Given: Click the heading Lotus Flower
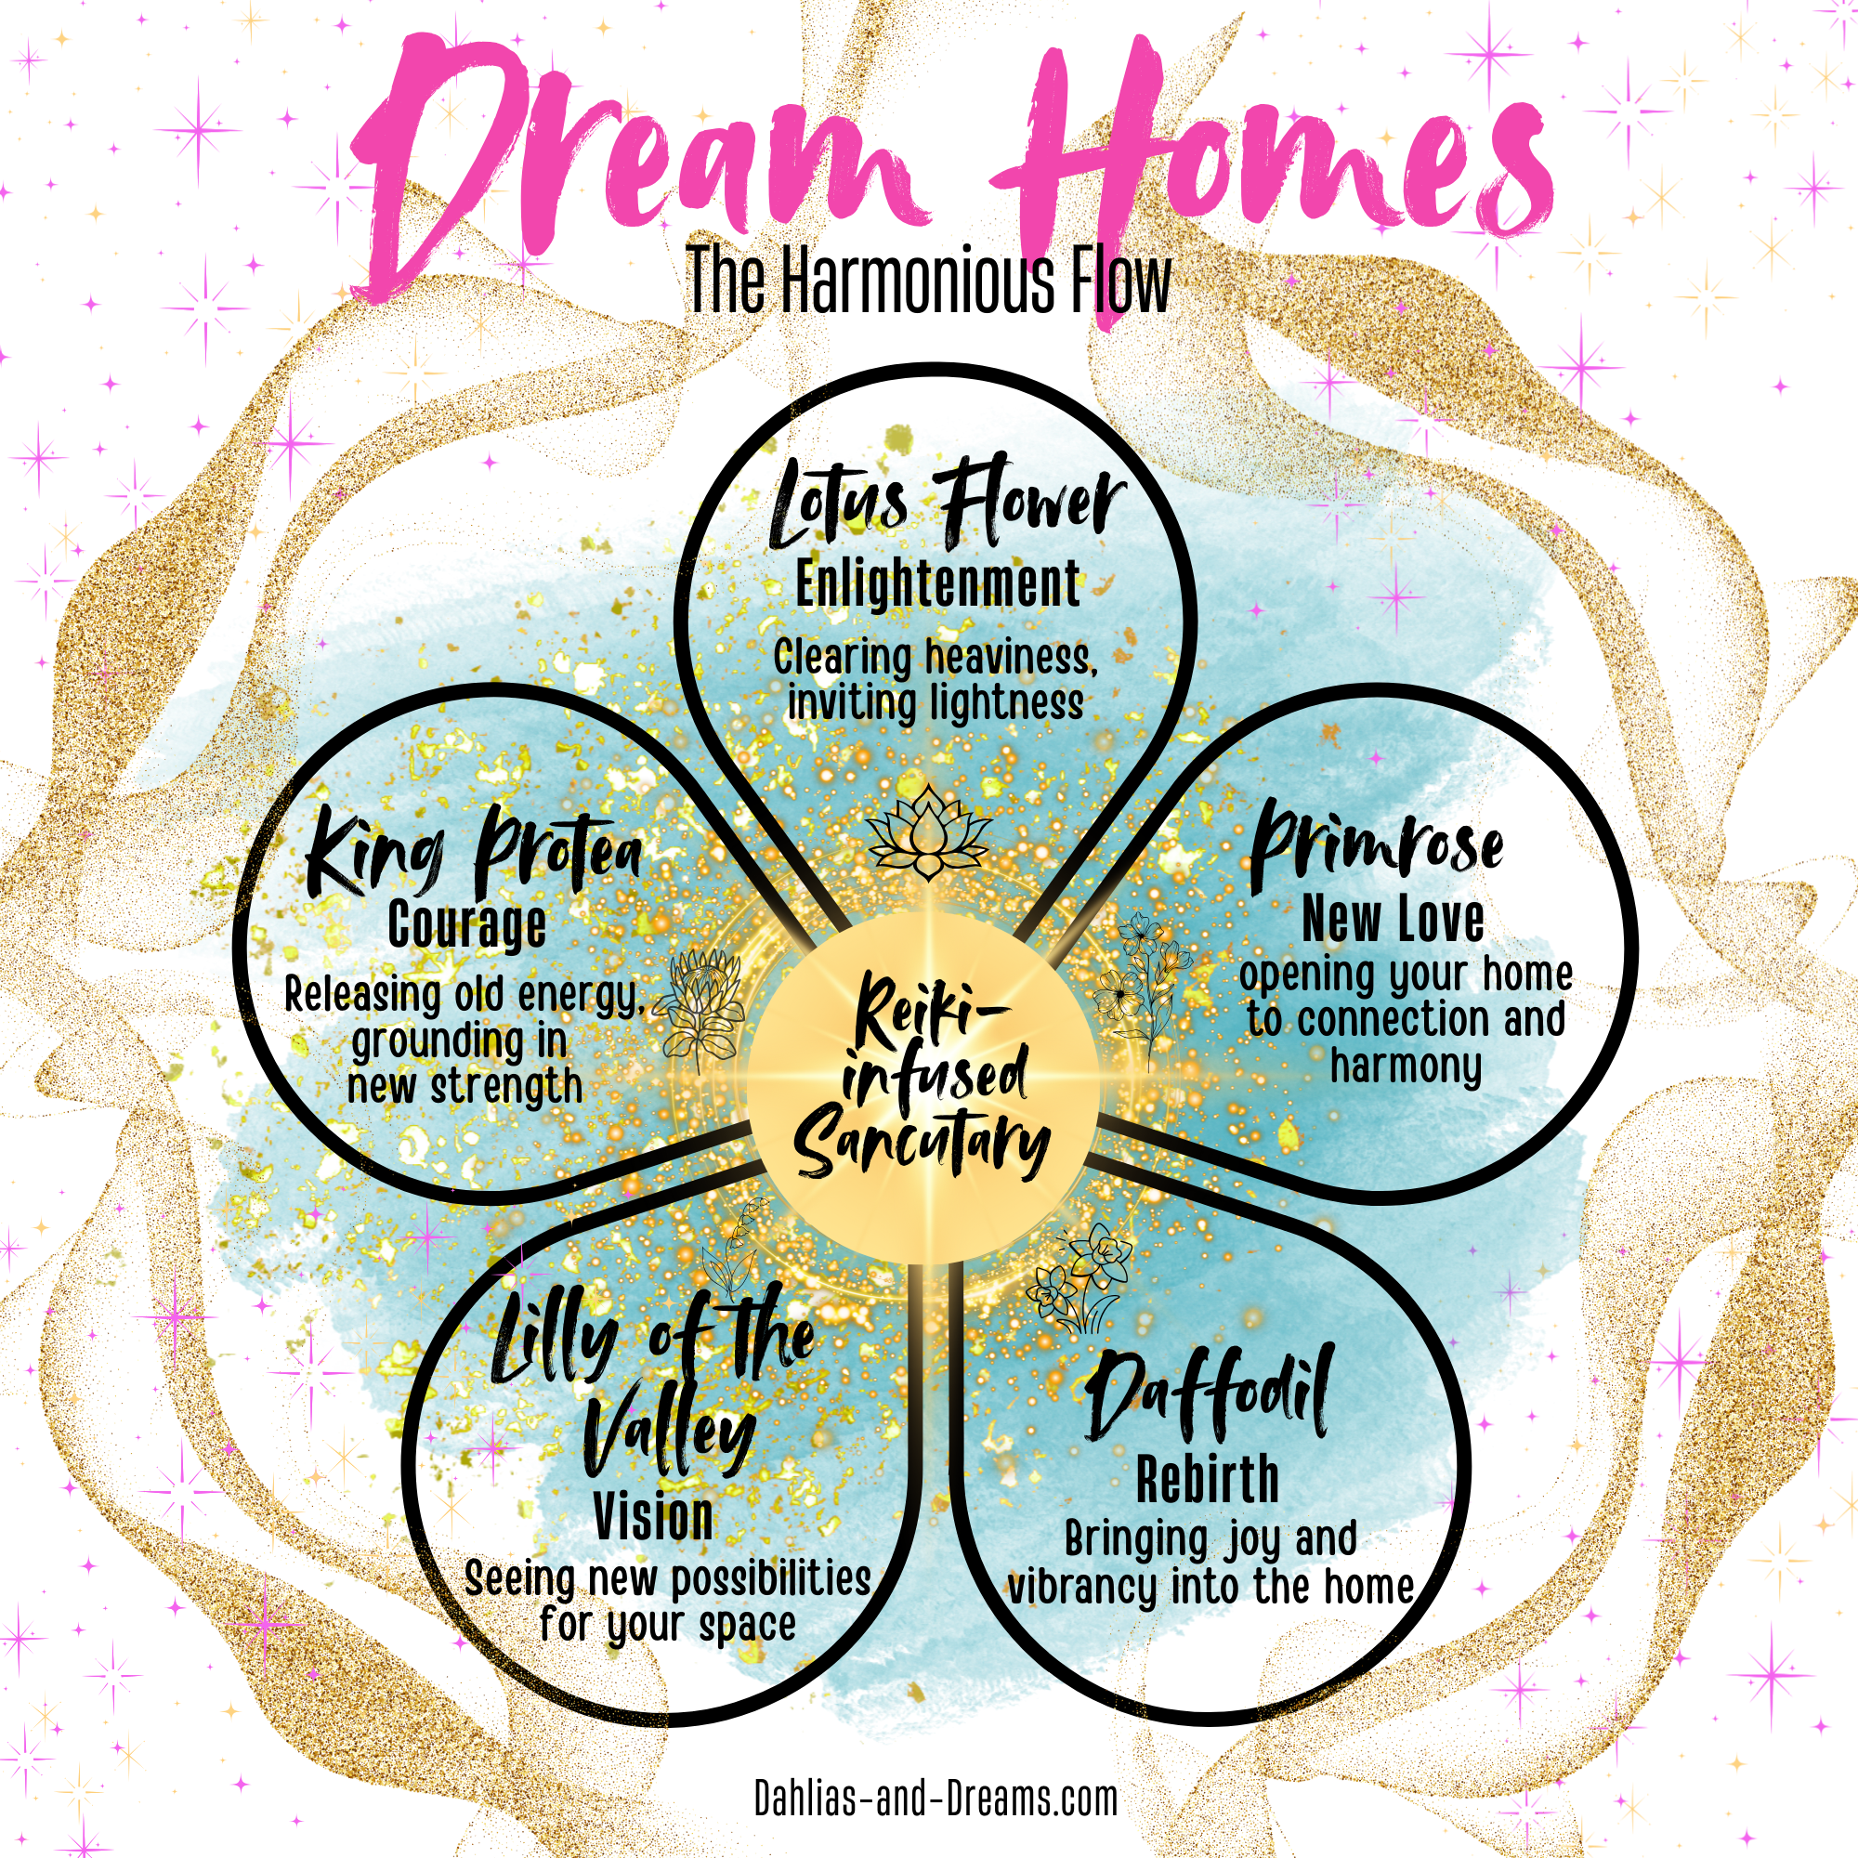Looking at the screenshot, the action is pos(948,509).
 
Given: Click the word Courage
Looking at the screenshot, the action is pos(467,924).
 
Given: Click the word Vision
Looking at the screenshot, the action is pos(654,1517).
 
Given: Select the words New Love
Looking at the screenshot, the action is pos(1392,919).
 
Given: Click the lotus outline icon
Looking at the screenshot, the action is pos(928,831).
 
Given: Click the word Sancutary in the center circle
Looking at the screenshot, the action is pos(922,1144).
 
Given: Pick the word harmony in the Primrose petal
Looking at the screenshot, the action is pos(1405,1067).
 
